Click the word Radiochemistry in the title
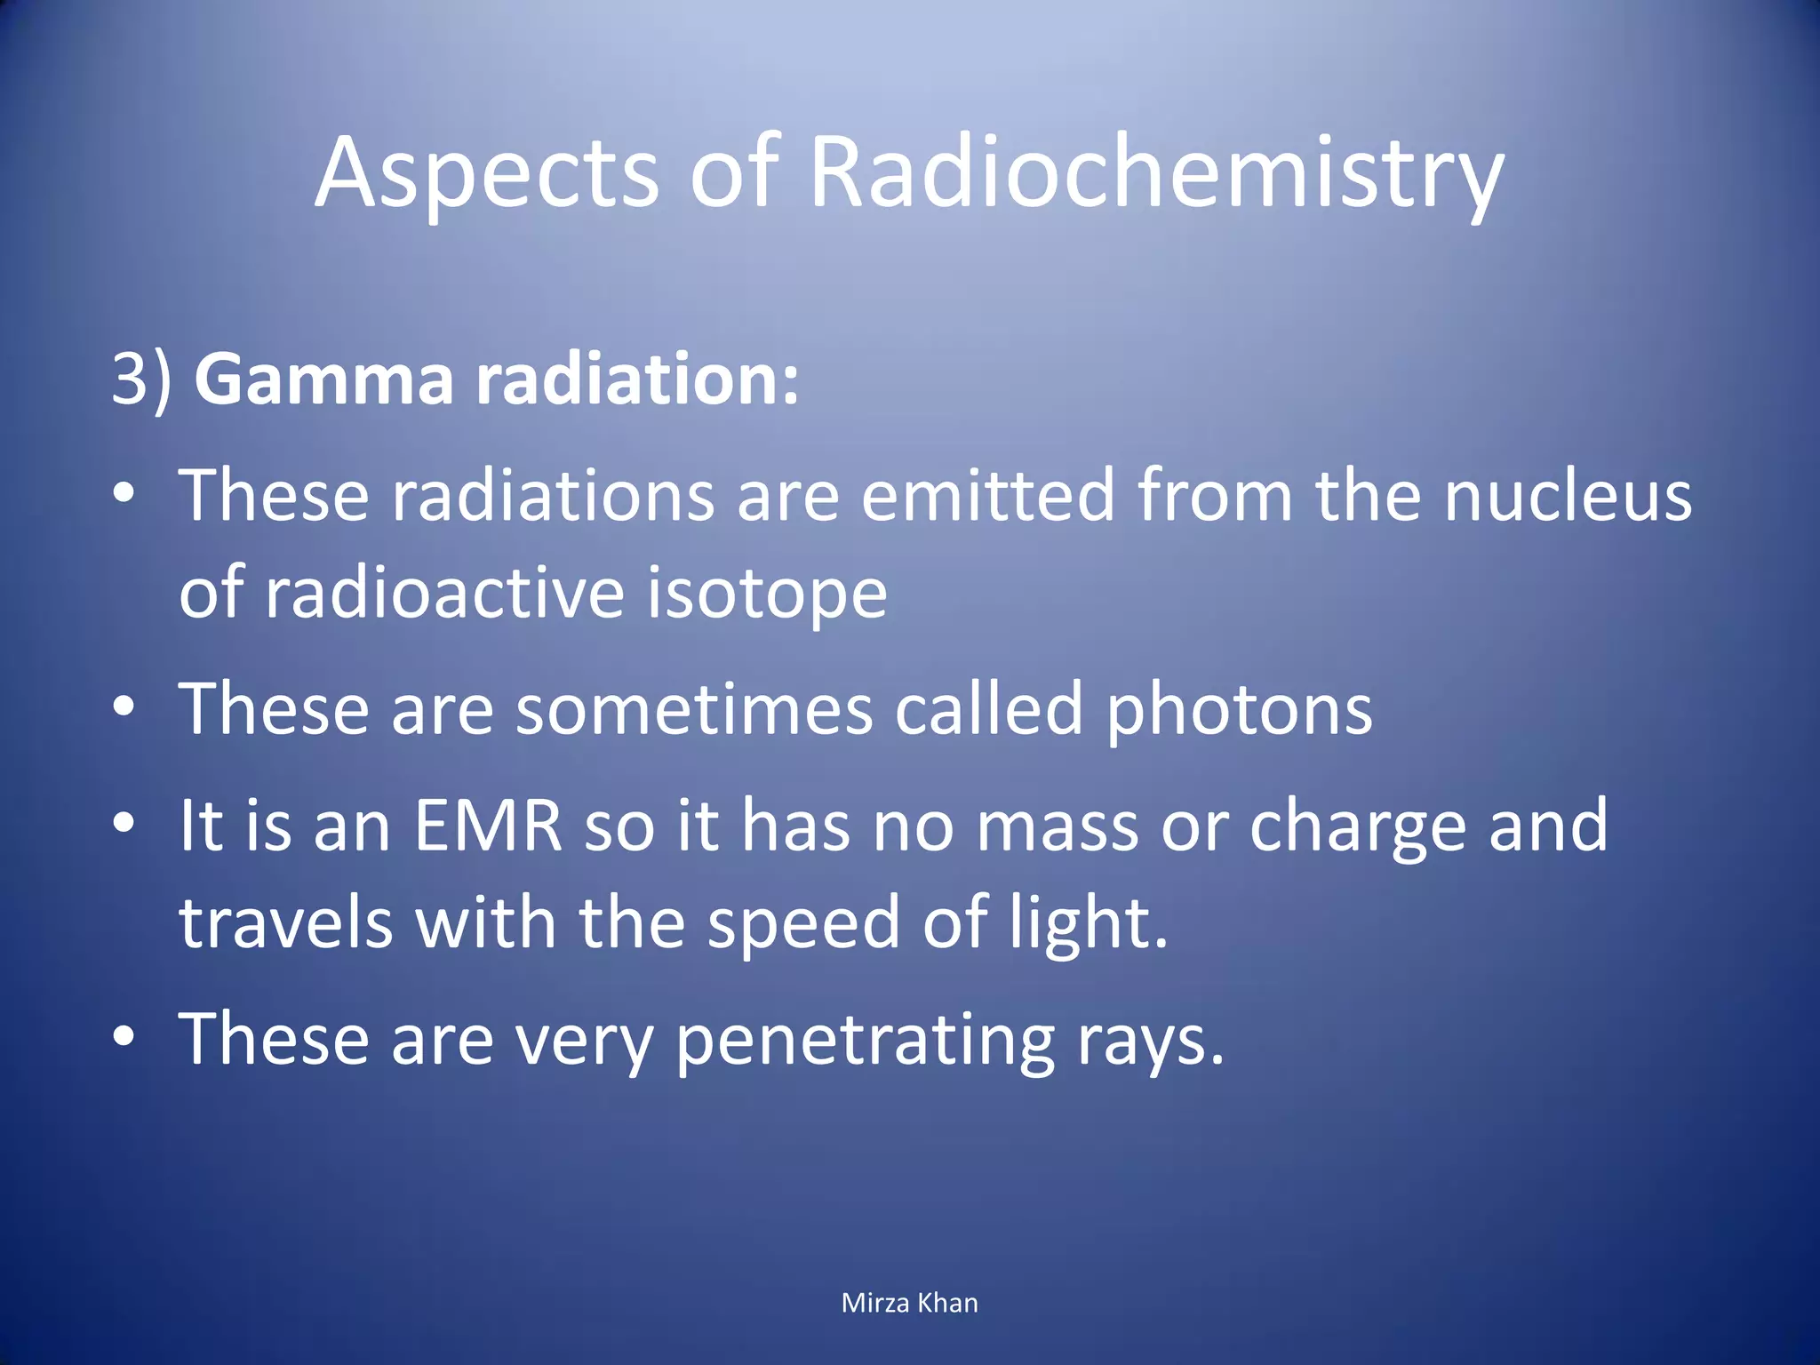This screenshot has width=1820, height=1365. pyautogui.click(x=1155, y=173)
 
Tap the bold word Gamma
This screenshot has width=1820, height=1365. pyautogui.click(x=323, y=379)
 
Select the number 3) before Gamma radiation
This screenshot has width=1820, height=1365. pyautogui.click(x=141, y=379)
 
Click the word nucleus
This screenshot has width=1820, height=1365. pyautogui.click(x=1568, y=495)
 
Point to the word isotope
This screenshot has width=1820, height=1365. pyautogui.click(x=765, y=593)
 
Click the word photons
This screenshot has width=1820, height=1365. pyautogui.click(x=1239, y=709)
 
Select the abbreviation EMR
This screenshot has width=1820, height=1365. pyautogui.click(x=488, y=826)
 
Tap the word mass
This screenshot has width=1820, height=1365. pyautogui.click(x=1057, y=826)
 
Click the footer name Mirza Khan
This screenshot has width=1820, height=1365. pyautogui.click(x=909, y=1303)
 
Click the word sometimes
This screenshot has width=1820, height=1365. pyautogui.click(x=694, y=709)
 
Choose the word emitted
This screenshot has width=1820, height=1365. pyautogui.click(x=987, y=495)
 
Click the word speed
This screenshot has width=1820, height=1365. pyautogui.click(x=803, y=924)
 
